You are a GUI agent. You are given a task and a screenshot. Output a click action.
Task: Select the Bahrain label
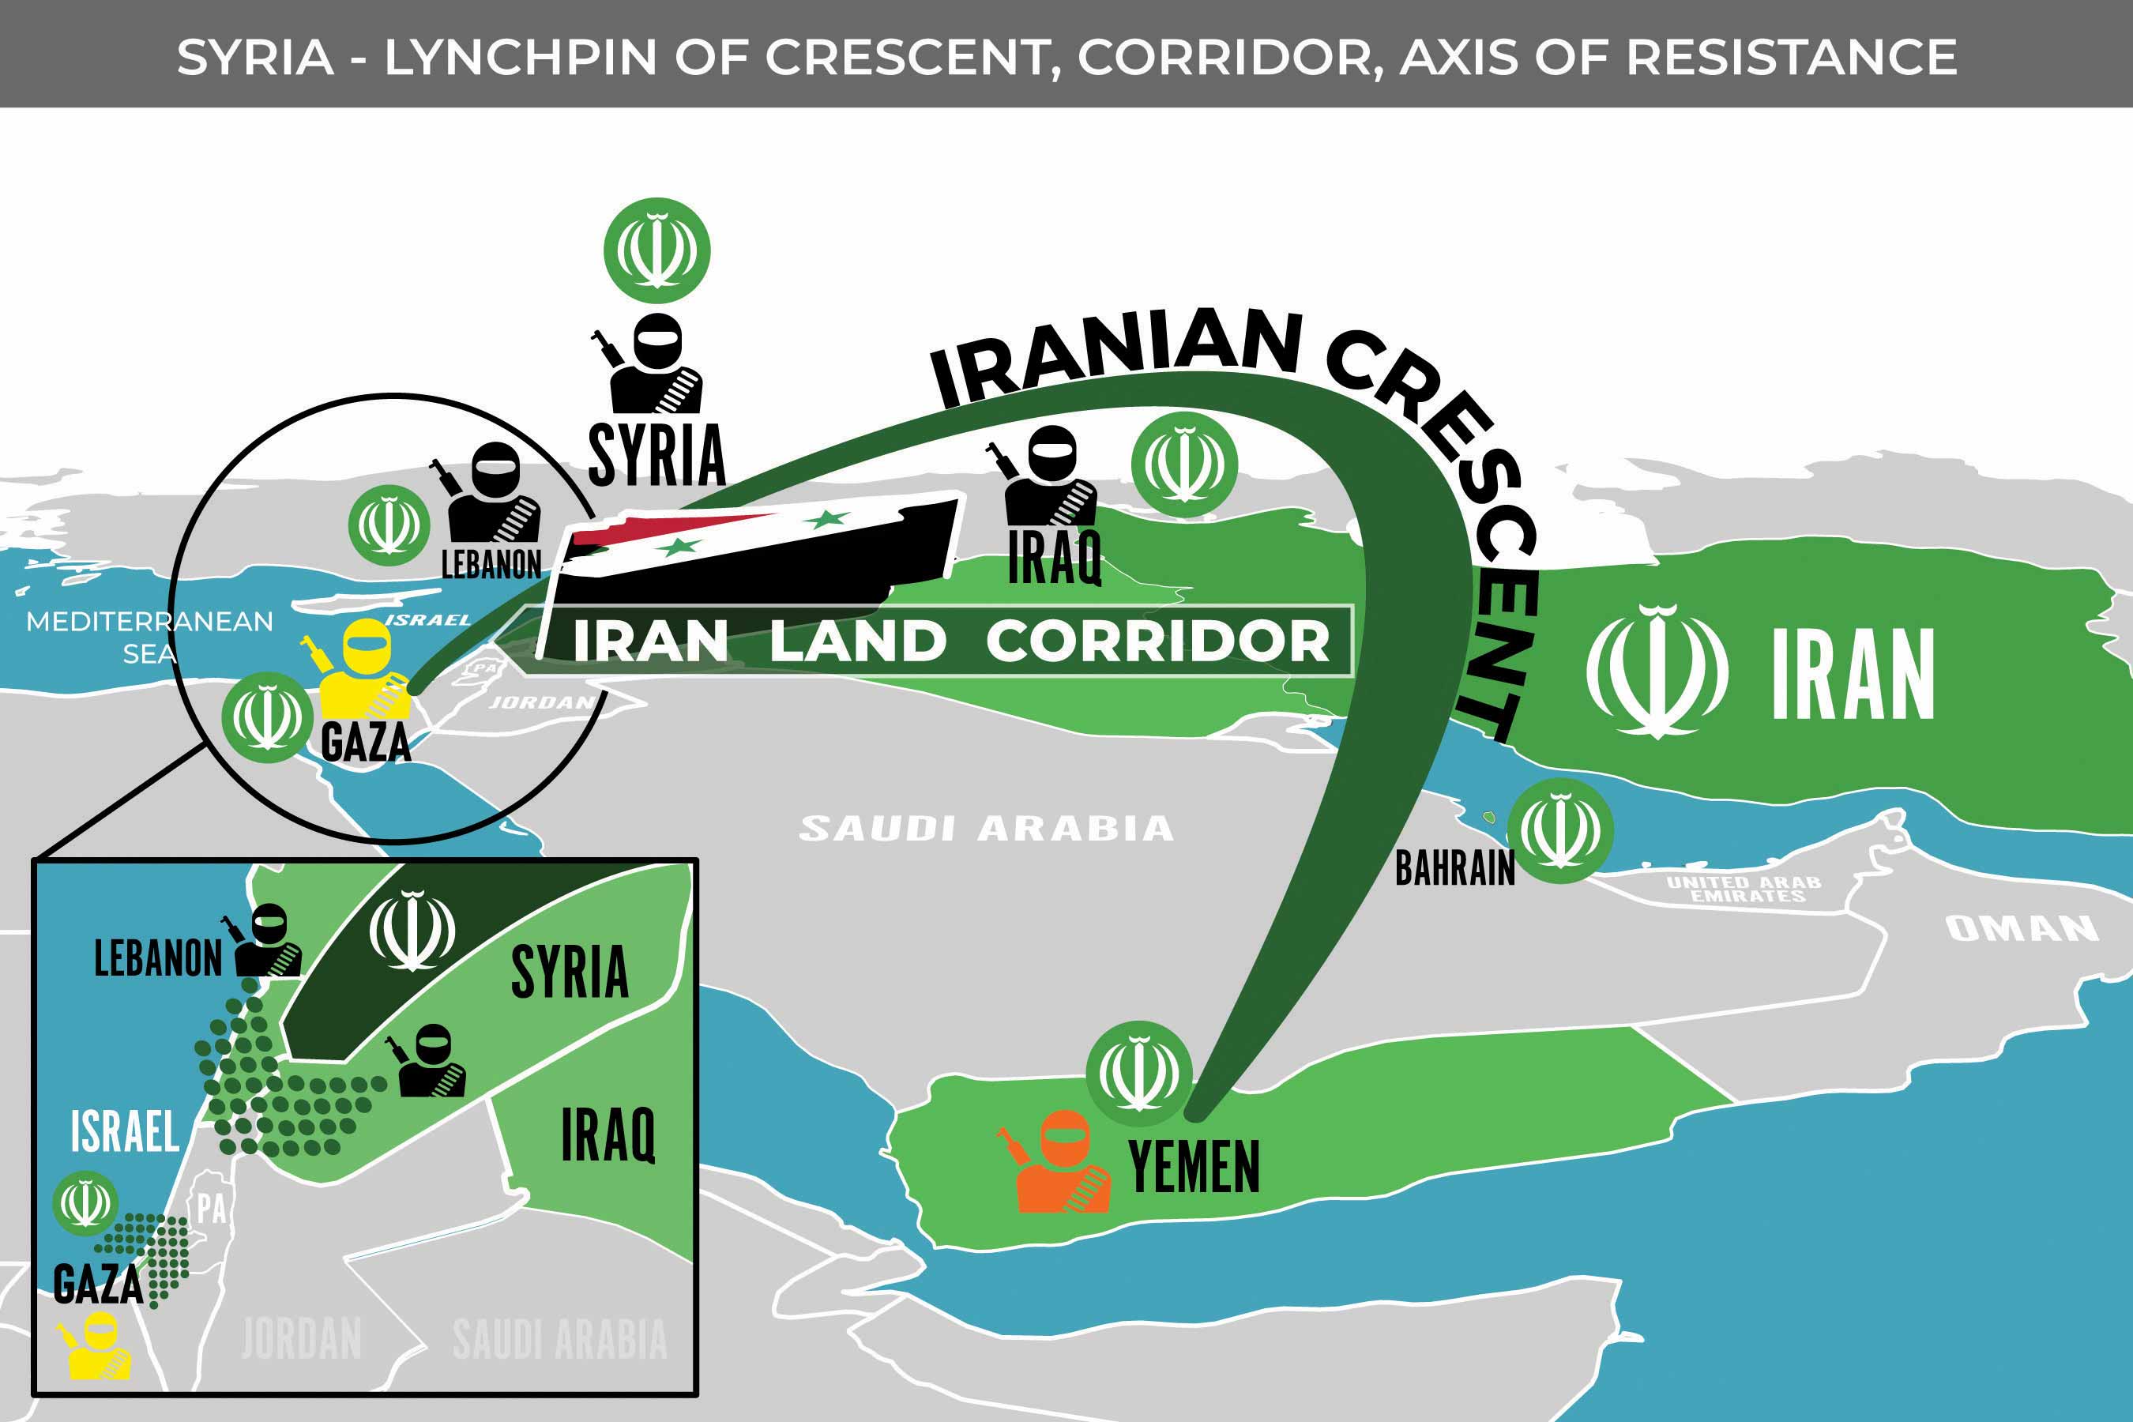[x=1454, y=868]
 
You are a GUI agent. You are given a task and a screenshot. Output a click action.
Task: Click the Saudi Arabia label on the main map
[x=986, y=828]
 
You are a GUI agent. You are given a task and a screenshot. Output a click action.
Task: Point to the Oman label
[x=2022, y=929]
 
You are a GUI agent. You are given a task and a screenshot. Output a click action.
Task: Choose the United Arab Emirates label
[x=1743, y=889]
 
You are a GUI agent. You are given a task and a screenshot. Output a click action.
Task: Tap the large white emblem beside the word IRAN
[x=1657, y=671]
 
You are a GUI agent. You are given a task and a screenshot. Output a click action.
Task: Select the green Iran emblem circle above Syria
[x=656, y=250]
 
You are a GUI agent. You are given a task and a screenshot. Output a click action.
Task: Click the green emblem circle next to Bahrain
[x=1559, y=829]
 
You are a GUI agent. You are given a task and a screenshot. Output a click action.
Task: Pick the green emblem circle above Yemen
[x=1139, y=1073]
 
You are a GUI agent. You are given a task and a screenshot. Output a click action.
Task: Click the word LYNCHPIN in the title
[x=521, y=57]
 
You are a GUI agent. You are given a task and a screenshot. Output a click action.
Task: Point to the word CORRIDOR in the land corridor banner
[x=1157, y=641]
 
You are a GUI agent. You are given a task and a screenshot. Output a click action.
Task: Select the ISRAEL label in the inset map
[x=125, y=1132]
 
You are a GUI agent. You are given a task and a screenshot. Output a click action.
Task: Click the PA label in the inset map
[x=211, y=1209]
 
